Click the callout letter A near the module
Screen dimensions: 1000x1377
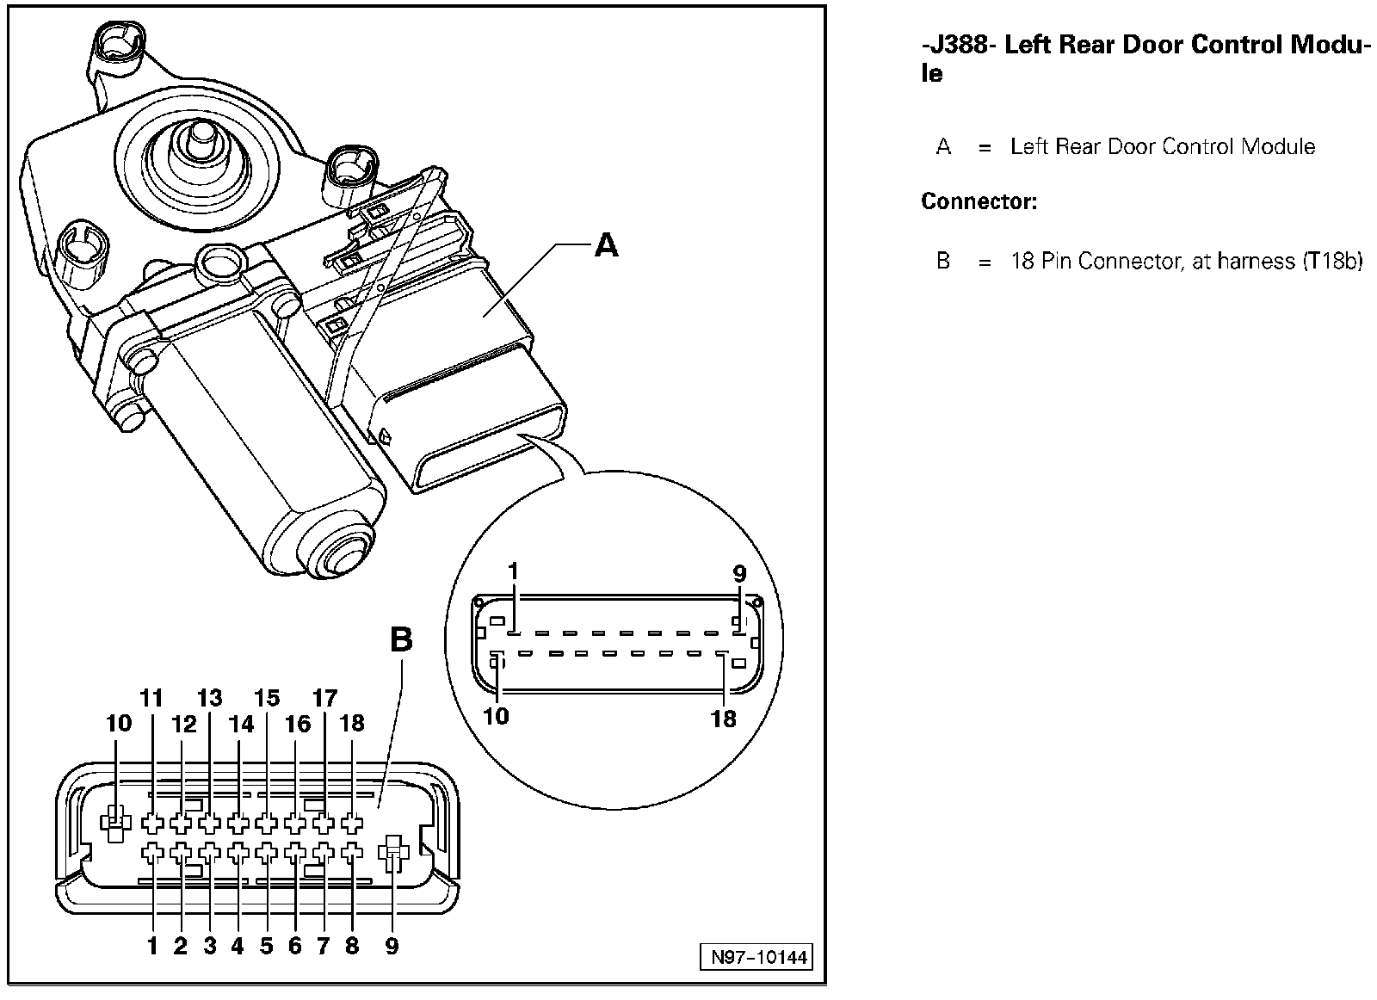607,246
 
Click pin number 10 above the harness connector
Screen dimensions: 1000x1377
119,723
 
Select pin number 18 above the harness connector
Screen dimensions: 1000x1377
353,723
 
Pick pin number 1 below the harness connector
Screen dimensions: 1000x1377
152,947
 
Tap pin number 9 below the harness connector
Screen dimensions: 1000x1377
392,947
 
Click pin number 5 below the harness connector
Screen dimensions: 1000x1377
266,947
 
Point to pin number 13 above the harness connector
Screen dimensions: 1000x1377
209,698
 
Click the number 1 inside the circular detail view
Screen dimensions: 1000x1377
514,571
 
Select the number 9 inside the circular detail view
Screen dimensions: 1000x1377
739,573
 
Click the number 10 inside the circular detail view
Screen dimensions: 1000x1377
497,715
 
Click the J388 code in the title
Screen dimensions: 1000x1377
958,45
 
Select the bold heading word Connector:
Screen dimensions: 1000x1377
979,202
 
